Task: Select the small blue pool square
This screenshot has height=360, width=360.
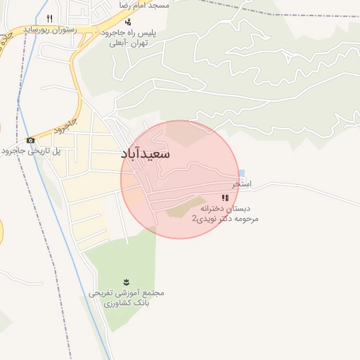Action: point(242,174)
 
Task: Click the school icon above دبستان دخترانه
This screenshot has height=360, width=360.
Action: point(225,198)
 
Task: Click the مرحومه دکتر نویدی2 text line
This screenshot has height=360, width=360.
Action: point(225,219)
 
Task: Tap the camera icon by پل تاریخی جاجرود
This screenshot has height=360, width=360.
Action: point(30,140)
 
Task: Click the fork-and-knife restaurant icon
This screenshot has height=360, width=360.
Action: point(49,18)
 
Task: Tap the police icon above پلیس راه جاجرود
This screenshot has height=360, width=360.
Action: point(127,22)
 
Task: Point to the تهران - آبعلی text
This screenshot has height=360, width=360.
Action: point(127,43)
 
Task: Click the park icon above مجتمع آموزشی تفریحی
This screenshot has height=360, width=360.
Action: point(127,281)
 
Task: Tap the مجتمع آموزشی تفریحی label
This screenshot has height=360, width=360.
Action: point(127,292)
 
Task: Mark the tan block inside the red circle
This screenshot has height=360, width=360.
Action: point(184,209)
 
